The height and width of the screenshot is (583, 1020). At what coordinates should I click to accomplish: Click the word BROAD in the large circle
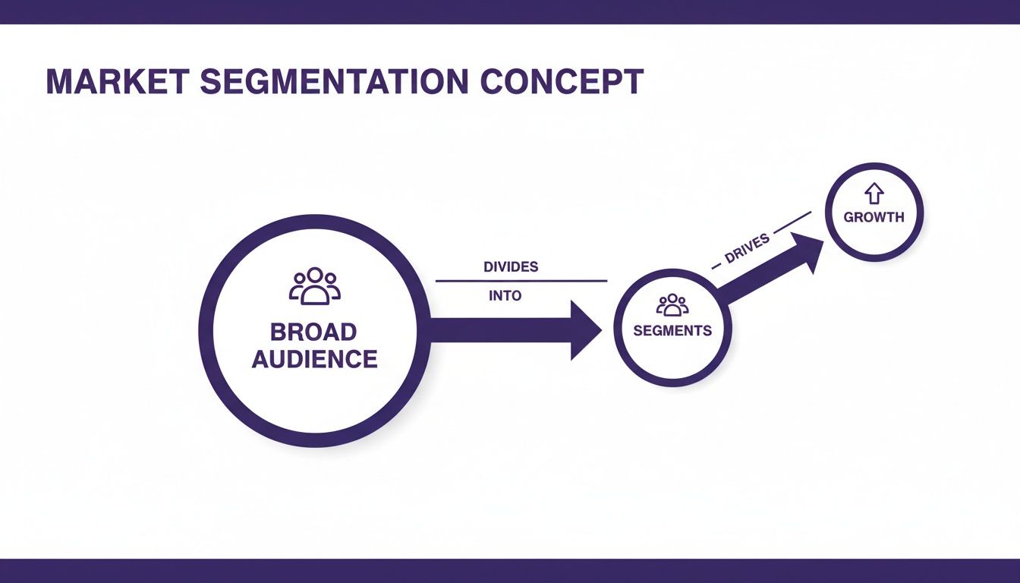[x=313, y=332]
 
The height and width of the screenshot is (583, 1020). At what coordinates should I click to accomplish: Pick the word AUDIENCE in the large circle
[x=314, y=359]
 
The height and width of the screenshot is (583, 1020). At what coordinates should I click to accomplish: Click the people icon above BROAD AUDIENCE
[x=315, y=286]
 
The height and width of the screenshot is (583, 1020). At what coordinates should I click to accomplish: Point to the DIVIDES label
[x=511, y=267]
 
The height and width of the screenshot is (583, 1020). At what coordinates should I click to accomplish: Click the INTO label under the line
[x=505, y=296]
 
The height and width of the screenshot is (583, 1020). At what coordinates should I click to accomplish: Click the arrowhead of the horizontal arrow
[x=586, y=330]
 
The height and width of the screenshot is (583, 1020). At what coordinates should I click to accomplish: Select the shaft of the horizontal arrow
[x=501, y=330]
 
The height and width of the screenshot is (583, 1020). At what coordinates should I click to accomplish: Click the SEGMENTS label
[x=672, y=331]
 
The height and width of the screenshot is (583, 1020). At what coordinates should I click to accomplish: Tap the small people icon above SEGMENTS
[x=672, y=305]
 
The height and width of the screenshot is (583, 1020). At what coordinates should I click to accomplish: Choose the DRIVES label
[x=747, y=249]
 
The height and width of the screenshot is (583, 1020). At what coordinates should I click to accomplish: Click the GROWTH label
[x=874, y=217]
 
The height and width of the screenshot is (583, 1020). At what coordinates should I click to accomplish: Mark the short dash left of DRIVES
[x=715, y=267]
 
